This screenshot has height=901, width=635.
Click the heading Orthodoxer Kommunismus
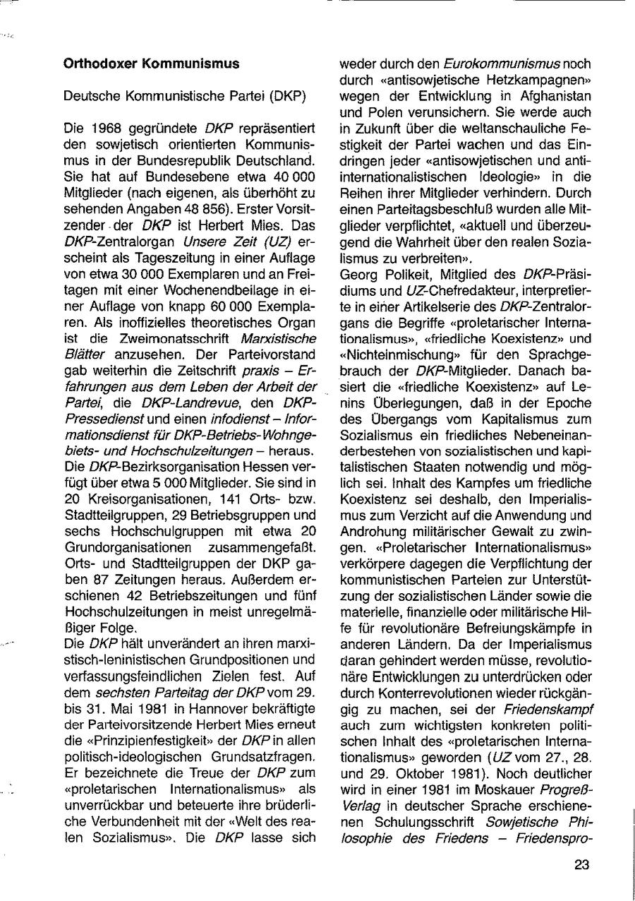pyautogui.click(x=152, y=64)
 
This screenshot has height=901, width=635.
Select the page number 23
pyautogui.click(x=581, y=864)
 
